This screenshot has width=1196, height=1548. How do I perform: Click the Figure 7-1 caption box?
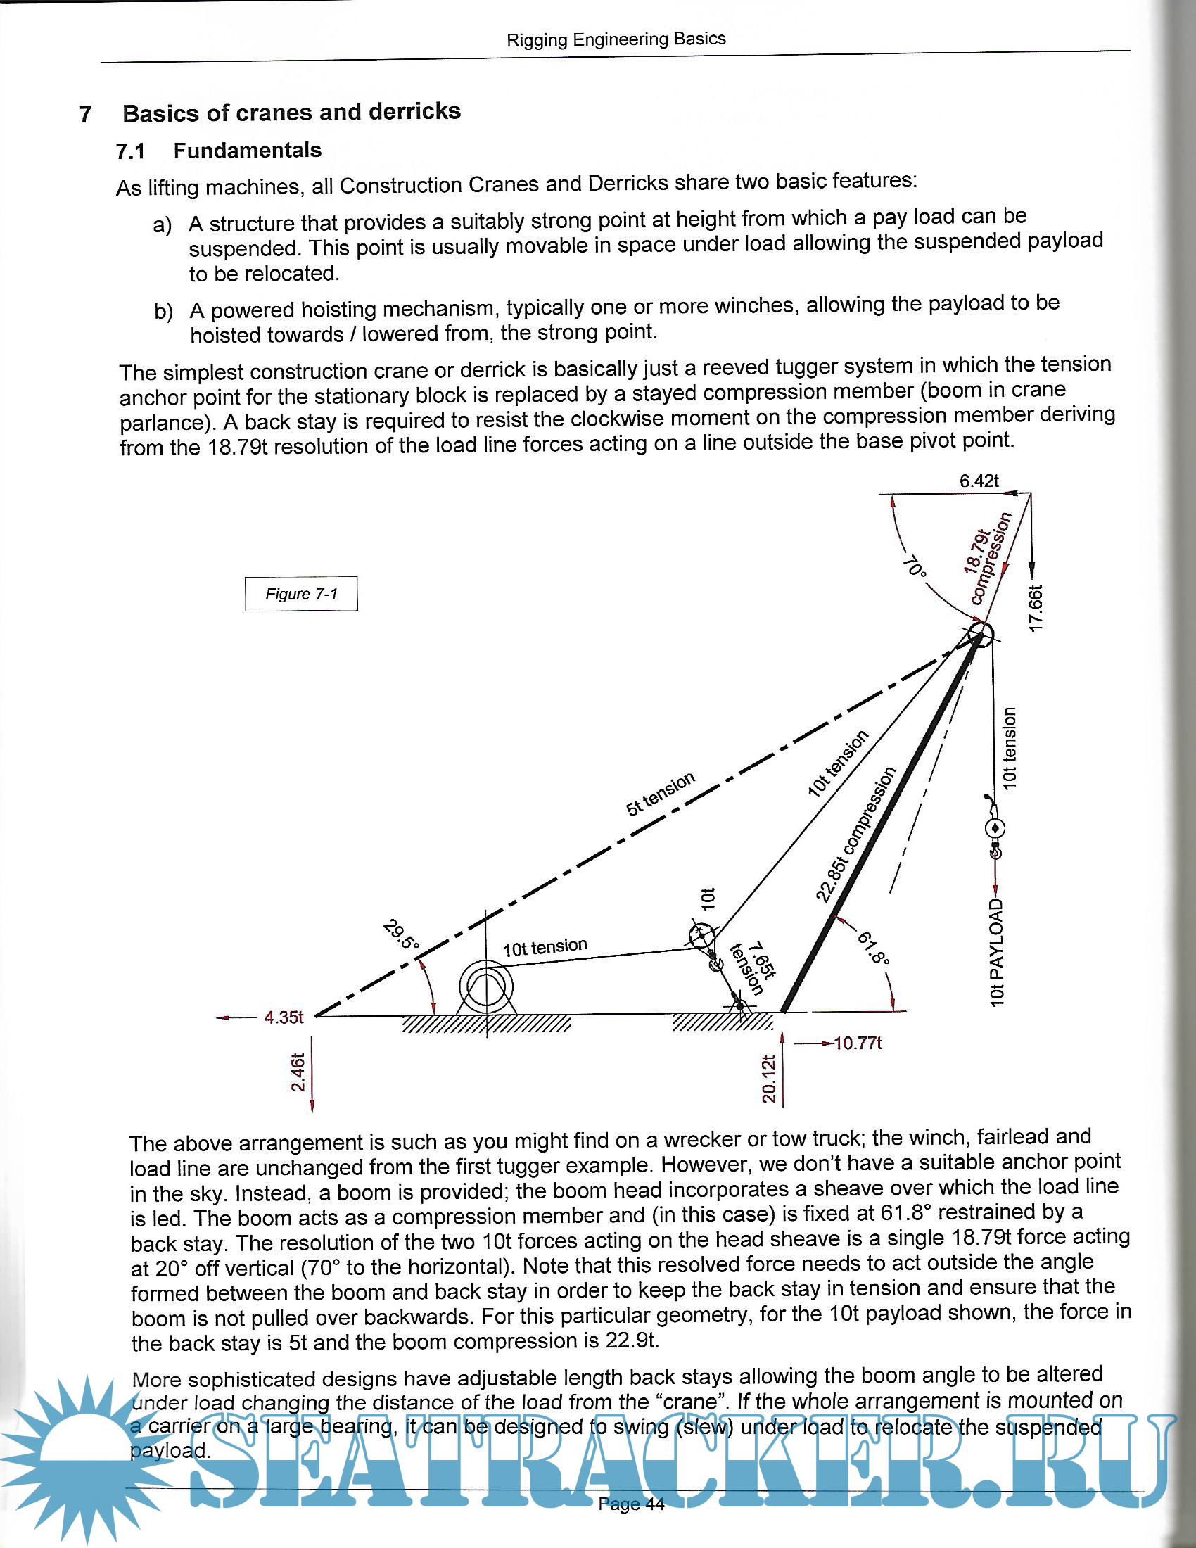(x=301, y=593)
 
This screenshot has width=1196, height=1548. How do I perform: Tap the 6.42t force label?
(x=979, y=481)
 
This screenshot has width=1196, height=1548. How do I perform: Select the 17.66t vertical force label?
(x=1035, y=608)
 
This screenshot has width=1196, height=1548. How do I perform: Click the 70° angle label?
(x=914, y=566)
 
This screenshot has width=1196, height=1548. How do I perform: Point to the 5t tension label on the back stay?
(x=660, y=794)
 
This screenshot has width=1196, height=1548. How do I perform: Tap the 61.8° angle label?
(x=873, y=949)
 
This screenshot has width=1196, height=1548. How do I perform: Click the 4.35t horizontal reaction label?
(x=284, y=1017)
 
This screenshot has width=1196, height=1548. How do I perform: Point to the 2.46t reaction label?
(x=298, y=1072)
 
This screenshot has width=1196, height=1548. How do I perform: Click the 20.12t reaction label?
(x=769, y=1079)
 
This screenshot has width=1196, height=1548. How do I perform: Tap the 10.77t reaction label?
(x=858, y=1043)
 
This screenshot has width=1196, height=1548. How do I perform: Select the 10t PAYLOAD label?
(x=997, y=952)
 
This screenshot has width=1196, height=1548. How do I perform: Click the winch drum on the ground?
(x=486, y=986)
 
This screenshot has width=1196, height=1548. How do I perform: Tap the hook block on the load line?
(x=995, y=828)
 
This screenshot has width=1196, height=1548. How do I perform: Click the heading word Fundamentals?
(x=247, y=151)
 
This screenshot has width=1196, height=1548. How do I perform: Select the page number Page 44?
(x=630, y=1505)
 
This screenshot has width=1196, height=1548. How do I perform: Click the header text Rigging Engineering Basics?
(x=616, y=39)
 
